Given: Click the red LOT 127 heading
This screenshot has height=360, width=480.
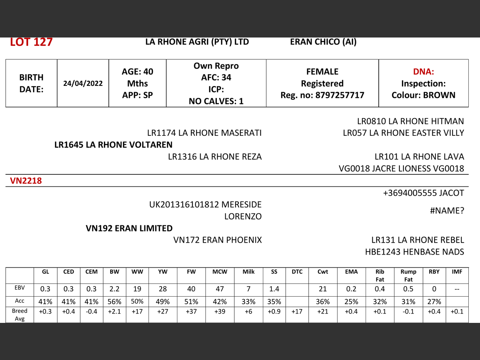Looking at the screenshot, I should [x=31, y=42].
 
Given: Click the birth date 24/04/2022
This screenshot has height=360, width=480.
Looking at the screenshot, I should [x=83, y=83].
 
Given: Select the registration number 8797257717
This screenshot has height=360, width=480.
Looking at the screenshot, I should [x=340, y=95].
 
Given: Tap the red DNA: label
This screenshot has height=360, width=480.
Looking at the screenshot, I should [x=423, y=72].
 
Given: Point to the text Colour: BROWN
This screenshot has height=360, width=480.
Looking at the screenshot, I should [x=423, y=95].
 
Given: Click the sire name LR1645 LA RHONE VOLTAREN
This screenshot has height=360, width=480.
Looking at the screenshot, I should [x=113, y=145].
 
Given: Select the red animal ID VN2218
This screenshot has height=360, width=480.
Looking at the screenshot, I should [x=26, y=181].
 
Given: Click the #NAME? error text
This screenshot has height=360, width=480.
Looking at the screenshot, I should [x=447, y=211].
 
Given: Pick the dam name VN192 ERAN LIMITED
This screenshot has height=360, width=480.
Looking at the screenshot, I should [x=129, y=228].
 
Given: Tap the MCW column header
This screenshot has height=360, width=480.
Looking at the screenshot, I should [x=220, y=272].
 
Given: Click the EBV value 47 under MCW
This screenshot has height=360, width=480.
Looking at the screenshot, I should [x=220, y=289].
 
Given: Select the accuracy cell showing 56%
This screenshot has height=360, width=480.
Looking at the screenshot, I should [x=114, y=301].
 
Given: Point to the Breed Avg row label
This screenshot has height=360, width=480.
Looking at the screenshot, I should [x=19, y=315].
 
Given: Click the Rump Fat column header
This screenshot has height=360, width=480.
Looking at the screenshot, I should [x=408, y=275].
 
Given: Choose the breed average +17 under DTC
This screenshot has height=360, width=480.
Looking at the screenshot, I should [x=297, y=311].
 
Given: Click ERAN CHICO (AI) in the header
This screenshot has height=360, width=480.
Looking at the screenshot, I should [x=323, y=42].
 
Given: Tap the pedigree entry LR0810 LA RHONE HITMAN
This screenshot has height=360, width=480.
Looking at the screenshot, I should [x=410, y=121].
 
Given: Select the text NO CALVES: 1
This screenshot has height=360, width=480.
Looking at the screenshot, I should [x=216, y=101].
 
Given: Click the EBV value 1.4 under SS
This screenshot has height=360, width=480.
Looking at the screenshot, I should [x=274, y=289].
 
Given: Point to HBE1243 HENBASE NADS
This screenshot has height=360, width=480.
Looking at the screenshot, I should [x=414, y=252].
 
